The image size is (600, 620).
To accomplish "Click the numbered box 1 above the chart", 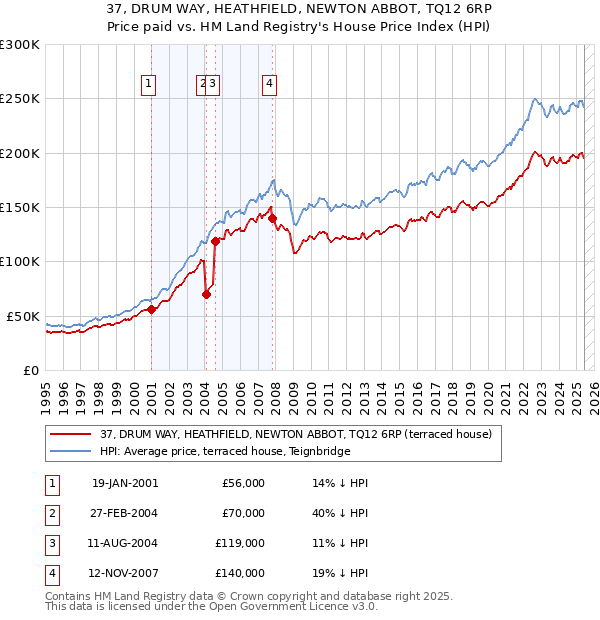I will tap(148, 85).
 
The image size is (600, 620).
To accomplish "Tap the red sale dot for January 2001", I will tap(151, 310).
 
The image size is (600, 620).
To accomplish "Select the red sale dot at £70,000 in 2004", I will tap(206, 294).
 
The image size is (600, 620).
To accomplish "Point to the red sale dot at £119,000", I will tap(215, 241).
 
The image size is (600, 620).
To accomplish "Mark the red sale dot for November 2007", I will tap(273, 218).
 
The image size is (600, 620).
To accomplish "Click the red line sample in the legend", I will tap(70, 435).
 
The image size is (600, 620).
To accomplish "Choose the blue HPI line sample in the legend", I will tap(70, 451).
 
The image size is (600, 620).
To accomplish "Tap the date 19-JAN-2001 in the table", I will tap(124, 483).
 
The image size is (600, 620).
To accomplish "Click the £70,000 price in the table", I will tap(242, 513).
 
